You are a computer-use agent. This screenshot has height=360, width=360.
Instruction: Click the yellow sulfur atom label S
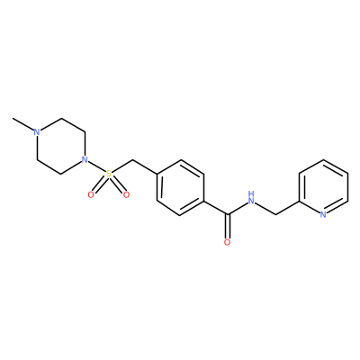109,174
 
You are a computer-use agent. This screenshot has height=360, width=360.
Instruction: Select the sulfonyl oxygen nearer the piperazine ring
91,195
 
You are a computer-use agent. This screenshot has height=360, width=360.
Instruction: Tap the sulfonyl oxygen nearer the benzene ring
126,195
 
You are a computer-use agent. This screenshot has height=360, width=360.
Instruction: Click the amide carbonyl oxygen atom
228,242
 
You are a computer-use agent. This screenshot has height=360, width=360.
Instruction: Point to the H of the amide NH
251,193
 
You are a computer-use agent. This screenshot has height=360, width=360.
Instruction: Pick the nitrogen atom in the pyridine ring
323,215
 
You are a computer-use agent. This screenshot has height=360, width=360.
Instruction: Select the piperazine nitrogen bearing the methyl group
37,132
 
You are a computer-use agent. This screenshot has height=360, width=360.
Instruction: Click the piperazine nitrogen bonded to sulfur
85,159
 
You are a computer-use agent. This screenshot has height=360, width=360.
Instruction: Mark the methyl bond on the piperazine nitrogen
23,124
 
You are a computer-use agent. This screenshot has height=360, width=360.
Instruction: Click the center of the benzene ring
180,187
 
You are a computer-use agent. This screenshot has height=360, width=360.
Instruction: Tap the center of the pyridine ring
323,187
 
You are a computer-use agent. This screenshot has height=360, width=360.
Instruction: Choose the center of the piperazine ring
61,146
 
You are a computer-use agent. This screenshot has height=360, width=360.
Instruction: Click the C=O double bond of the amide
228,226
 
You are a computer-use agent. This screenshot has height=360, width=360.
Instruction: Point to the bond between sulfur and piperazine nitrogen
96,166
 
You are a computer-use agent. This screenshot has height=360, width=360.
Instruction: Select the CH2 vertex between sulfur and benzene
132,160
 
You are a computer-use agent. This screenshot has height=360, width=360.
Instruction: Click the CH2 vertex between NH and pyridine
275,214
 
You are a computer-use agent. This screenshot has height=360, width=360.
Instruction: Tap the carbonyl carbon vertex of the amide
228,214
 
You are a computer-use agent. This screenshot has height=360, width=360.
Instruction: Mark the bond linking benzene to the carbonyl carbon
216,208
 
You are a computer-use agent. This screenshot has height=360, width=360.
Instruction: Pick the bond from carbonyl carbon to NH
238,209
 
